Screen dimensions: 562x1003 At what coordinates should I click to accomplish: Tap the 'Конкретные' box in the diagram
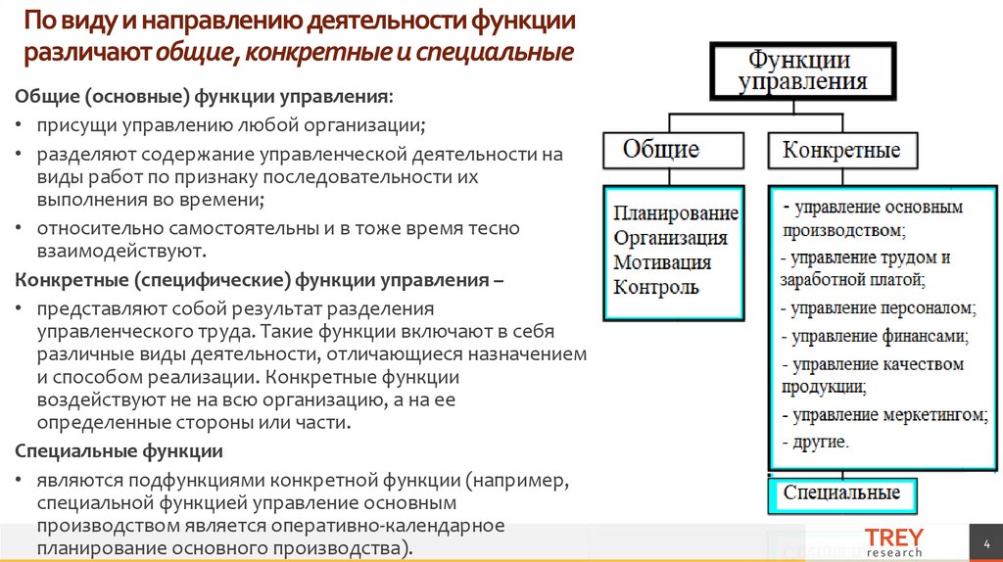click(x=841, y=151)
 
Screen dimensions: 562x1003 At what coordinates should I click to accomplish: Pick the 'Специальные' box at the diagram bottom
click(x=841, y=492)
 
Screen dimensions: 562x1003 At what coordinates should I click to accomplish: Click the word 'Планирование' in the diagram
click(x=676, y=213)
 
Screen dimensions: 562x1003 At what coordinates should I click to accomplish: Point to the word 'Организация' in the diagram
click(x=671, y=238)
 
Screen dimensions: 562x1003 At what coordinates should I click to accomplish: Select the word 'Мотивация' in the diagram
click(x=662, y=262)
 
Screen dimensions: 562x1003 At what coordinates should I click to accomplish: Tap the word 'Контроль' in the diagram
click(x=656, y=287)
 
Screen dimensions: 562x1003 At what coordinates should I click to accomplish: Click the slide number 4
click(x=984, y=542)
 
